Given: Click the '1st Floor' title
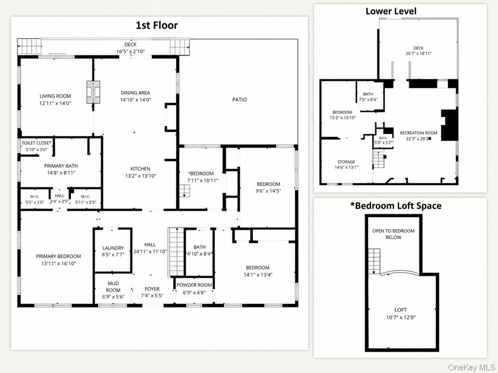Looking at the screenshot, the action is (x=157, y=25).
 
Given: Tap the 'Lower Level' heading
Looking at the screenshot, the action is (x=391, y=11).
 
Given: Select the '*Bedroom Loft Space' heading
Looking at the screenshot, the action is (x=396, y=206).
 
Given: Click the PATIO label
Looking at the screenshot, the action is (x=239, y=100).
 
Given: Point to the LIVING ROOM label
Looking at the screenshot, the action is (x=55, y=96).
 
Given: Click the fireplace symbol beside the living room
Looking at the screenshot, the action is (x=93, y=92).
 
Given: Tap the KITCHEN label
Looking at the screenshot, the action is (x=141, y=169).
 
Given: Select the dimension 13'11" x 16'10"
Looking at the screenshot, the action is (x=59, y=263).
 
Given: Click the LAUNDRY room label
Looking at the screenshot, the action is (x=113, y=248).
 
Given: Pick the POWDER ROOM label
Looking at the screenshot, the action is (x=194, y=285).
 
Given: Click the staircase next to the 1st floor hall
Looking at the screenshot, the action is (x=176, y=252).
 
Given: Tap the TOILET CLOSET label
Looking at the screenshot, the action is (x=36, y=143).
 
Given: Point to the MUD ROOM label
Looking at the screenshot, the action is (x=113, y=287).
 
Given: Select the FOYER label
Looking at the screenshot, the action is (x=152, y=289).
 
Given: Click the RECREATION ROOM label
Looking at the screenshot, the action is (x=419, y=133).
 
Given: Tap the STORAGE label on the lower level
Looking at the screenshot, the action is (x=346, y=162).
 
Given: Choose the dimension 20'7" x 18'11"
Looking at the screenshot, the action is (x=419, y=53).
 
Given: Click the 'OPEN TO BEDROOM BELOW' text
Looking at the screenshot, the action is (x=393, y=234).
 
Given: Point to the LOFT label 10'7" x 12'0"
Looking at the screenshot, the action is (x=401, y=310).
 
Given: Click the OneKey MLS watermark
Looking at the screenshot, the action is (x=471, y=367).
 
